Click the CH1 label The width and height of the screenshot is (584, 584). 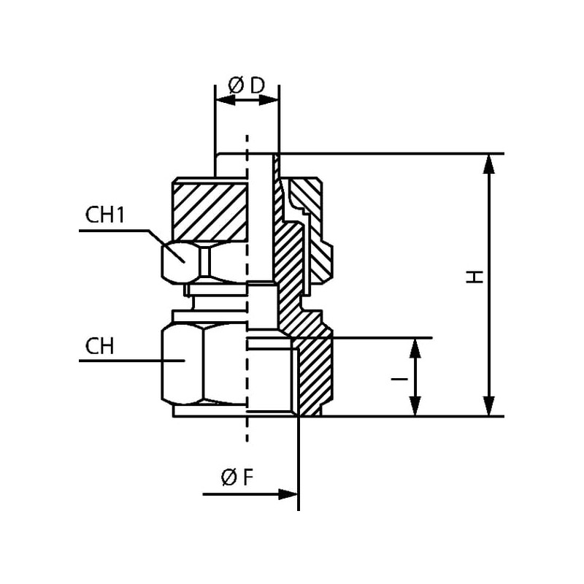click(x=107, y=215)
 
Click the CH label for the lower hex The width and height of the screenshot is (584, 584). click(x=103, y=345)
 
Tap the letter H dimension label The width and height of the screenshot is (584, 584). click(x=475, y=277)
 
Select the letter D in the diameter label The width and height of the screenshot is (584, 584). click(x=257, y=85)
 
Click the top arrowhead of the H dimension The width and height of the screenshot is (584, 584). click(x=490, y=164)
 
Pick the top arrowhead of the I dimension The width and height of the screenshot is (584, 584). click(x=415, y=347)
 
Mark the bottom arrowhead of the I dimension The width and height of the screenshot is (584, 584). click(x=415, y=407)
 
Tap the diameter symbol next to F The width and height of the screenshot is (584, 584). click(x=228, y=478)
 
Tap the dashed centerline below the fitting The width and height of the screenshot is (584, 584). click(x=247, y=431)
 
